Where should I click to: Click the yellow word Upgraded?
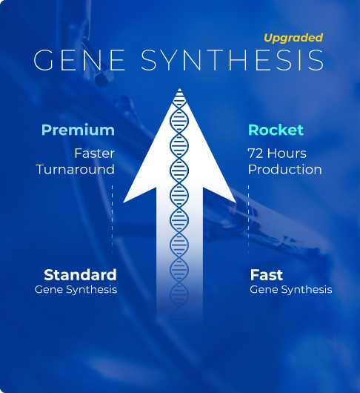[x=293, y=38]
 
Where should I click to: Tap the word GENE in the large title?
[x=79, y=60]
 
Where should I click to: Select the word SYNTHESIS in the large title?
[x=233, y=60]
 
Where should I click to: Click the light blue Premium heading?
[x=78, y=131]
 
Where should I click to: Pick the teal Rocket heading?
[x=276, y=130]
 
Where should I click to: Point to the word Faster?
[x=94, y=153]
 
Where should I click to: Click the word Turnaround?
[x=76, y=169]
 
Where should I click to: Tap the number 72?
[x=256, y=153]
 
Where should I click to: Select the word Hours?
[x=287, y=153]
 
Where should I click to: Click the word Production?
[x=285, y=169]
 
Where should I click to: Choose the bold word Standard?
[x=80, y=275]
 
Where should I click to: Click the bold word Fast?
[x=267, y=275]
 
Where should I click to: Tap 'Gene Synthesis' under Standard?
[x=76, y=289]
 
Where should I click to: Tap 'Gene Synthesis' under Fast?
[x=291, y=289]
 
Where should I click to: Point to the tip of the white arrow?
[x=179, y=88]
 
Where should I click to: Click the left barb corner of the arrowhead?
[x=124, y=202]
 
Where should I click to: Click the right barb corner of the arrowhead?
[x=236, y=202]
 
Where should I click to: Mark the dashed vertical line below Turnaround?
[x=112, y=220]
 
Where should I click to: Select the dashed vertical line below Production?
[x=248, y=220]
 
